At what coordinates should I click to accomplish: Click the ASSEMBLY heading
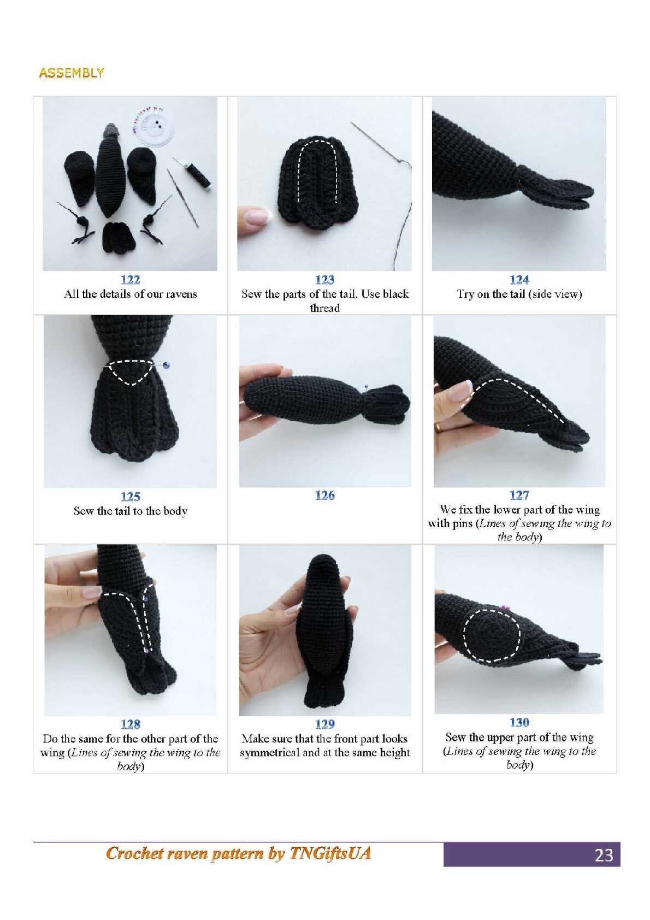pyautogui.click(x=72, y=73)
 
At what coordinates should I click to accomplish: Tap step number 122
pyautogui.click(x=130, y=280)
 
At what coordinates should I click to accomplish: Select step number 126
pyautogui.click(x=325, y=496)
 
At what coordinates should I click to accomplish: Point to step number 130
pyautogui.click(x=519, y=722)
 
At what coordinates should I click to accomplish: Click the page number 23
pyautogui.click(x=604, y=855)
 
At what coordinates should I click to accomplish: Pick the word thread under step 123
pyautogui.click(x=325, y=308)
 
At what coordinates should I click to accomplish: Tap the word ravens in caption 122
pyautogui.click(x=181, y=294)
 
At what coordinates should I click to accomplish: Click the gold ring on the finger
pyautogui.click(x=439, y=427)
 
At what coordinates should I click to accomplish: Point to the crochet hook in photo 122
pyautogui.click(x=182, y=198)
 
